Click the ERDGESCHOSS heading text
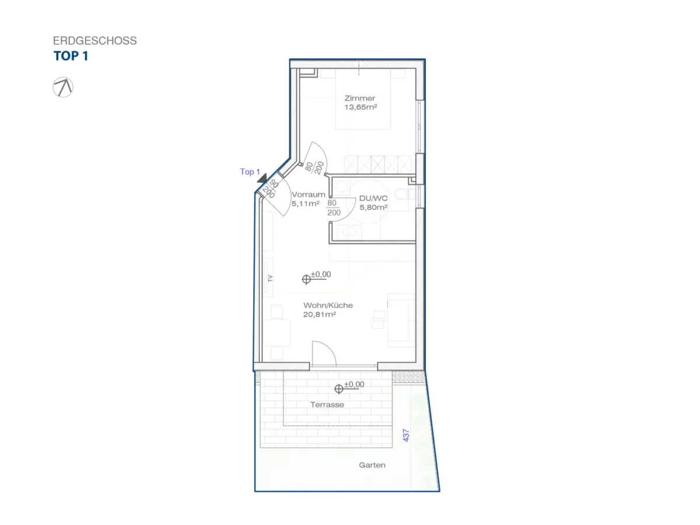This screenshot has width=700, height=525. coord(94,40)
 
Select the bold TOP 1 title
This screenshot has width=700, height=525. coord(71,56)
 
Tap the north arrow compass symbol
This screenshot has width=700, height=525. coord(63,87)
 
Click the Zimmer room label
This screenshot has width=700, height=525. coord(360,98)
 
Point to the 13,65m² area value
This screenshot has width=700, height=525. coord(360,107)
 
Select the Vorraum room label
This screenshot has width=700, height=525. coord(309,194)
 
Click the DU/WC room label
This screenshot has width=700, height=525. coord(373,198)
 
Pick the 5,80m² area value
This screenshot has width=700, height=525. coord(373,207)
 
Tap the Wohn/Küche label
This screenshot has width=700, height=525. coord(328,305)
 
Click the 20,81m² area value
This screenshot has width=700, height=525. coord(320,314)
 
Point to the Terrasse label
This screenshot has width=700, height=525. coord(327,404)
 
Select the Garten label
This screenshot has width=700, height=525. coord(372,465)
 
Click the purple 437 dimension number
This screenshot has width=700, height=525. coord(405,435)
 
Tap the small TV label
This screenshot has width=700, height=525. coord(271,278)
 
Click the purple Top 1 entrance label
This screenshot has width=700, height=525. coord(250,172)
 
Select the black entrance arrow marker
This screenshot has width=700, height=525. coord(262,178)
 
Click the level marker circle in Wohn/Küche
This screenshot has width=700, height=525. coord(306,279)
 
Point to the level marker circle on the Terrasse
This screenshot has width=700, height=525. coord(339,389)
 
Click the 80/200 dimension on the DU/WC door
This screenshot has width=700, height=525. coord(333,208)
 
